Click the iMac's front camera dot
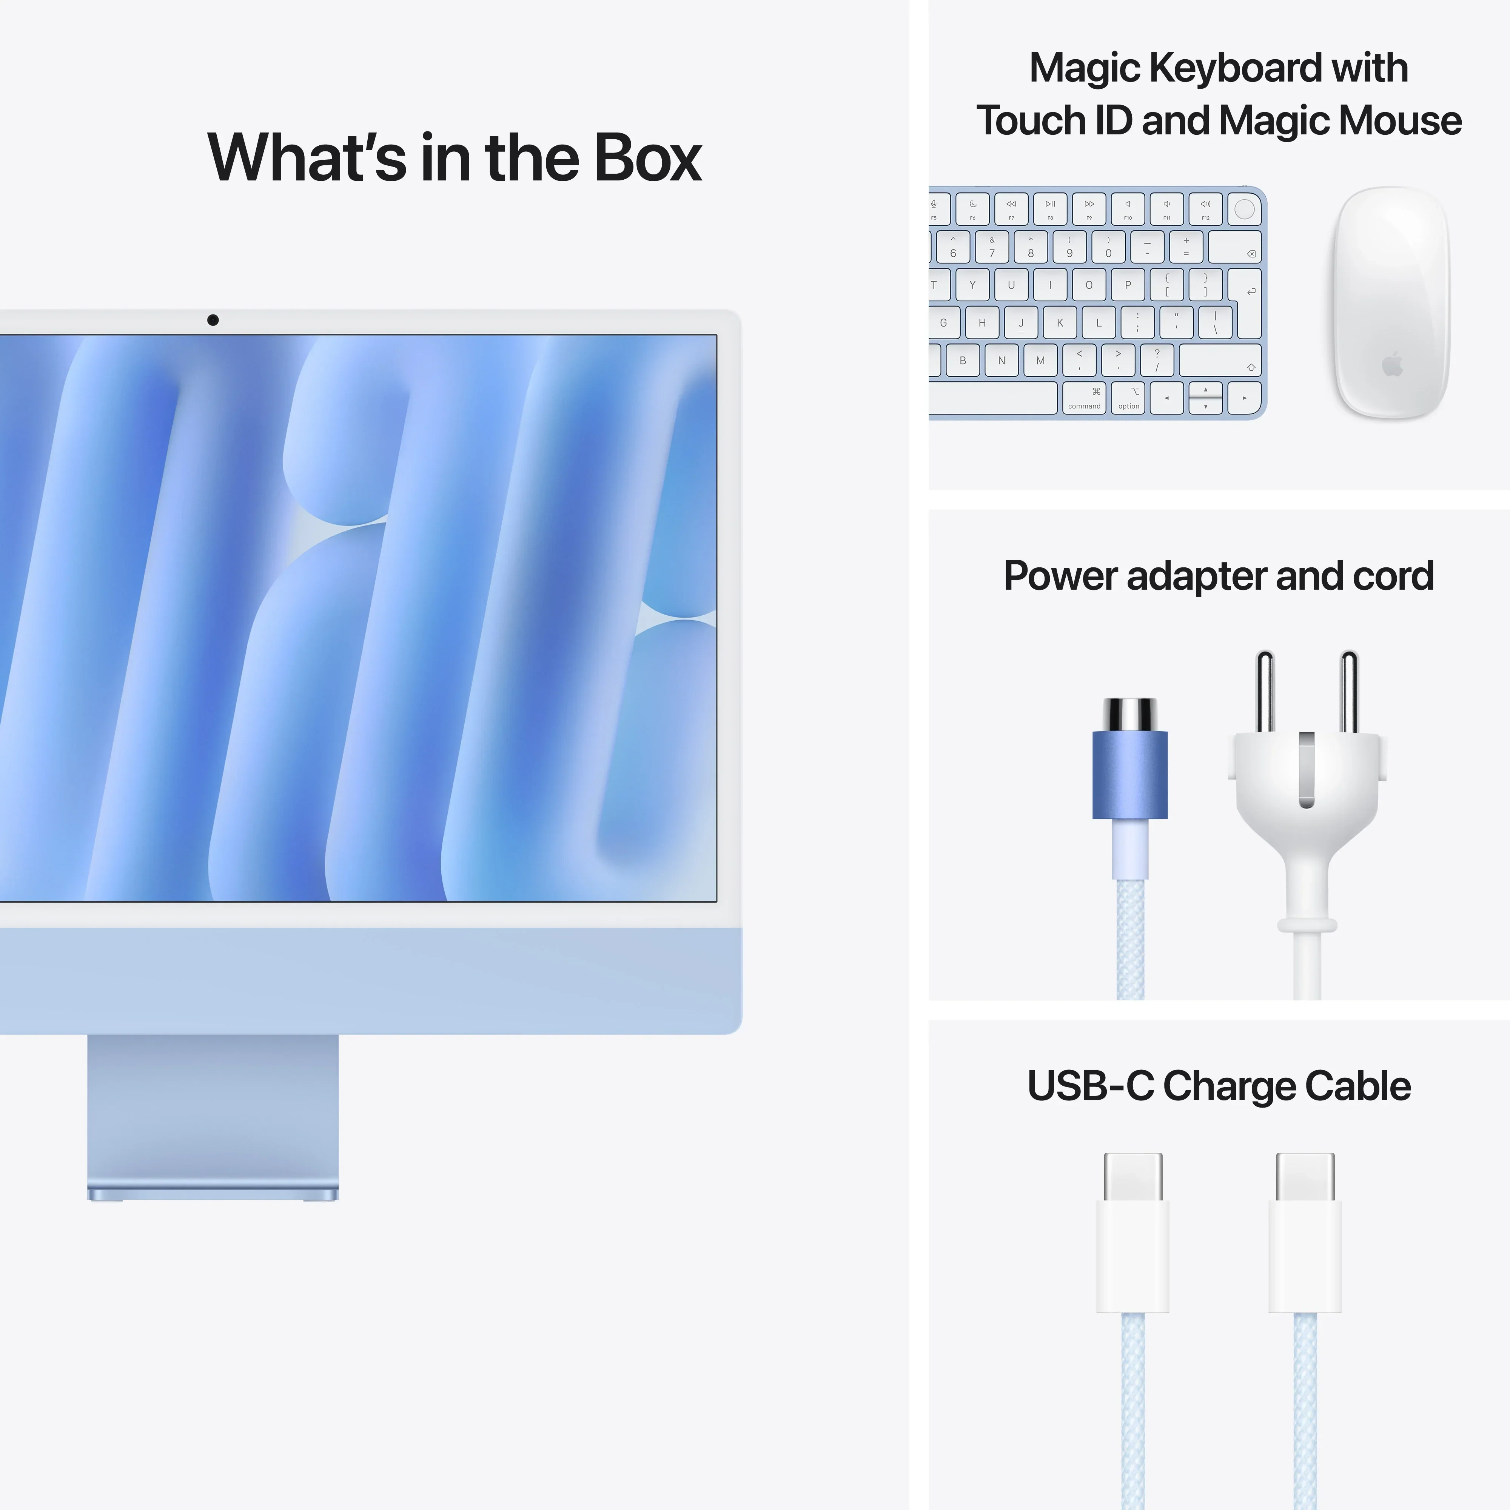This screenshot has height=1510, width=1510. tap(213, 320)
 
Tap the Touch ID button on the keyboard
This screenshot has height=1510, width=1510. tap(1244, 209)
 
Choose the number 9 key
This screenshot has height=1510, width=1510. tap(1069, 247)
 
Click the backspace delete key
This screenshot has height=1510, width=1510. tap(1235, 247)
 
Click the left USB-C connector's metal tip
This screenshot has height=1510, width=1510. tap(1132, 1176)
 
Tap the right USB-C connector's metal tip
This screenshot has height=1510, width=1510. tap(1304, 1176)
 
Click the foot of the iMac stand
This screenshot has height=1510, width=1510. tap(213, 1193)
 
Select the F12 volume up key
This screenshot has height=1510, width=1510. tap(1205, 209)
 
